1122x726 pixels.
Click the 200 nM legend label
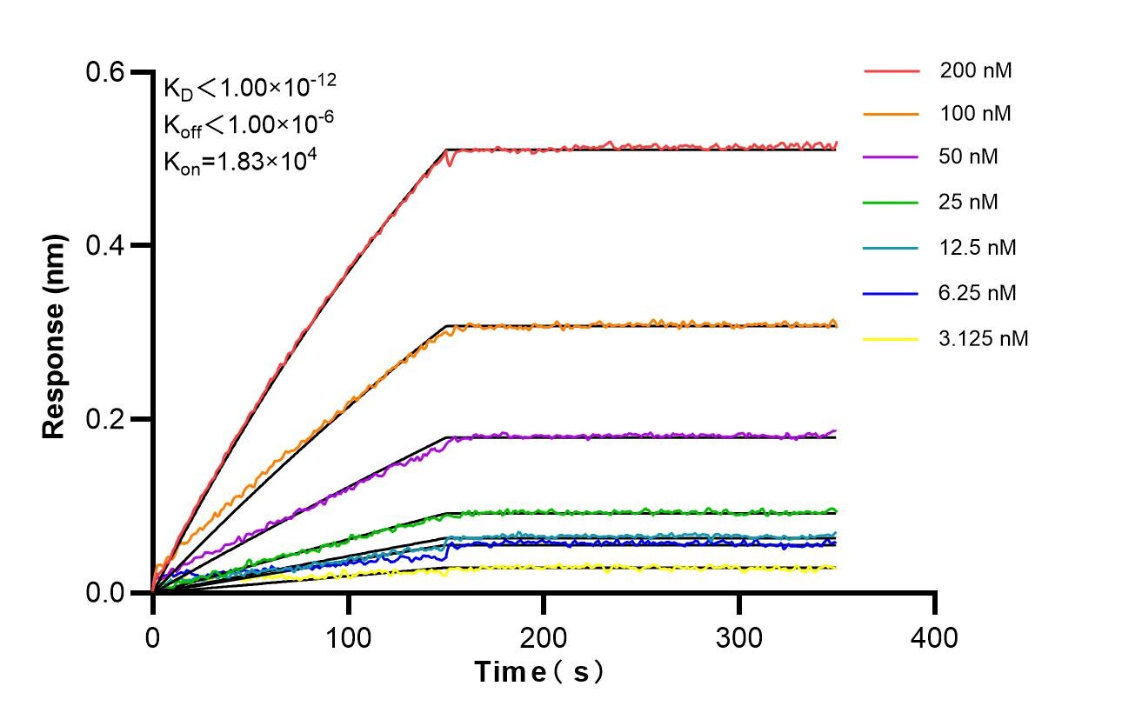[975, 70]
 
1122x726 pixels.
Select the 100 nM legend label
[975, 114]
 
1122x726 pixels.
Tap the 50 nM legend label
[969, 157]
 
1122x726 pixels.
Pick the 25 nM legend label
[969, 203]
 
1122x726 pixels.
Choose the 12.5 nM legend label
[978, 248]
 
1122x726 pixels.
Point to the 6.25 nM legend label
[978, 293]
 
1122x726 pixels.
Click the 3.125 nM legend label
[984, 339]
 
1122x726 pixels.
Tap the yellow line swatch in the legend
[892, 339]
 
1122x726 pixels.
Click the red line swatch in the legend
[892, 70]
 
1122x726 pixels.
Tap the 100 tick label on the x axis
[348, 637]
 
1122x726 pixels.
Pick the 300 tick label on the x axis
[739, 637]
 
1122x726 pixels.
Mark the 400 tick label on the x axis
[935, 637]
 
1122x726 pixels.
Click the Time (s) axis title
[538, 672]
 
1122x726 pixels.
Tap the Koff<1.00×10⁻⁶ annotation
[248, 124]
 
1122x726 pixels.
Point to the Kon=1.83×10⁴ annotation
[235, 161]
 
